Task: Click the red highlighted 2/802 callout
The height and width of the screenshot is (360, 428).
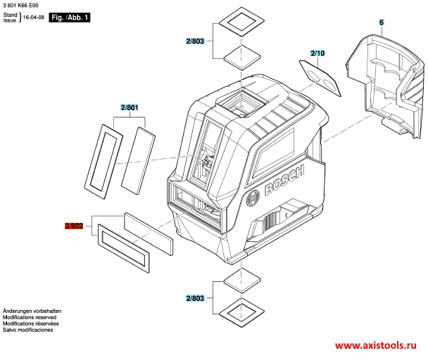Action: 74,226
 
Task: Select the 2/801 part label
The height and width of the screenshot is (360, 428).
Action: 130,108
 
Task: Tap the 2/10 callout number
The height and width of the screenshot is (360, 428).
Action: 317,53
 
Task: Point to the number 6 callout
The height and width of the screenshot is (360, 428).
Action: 382,22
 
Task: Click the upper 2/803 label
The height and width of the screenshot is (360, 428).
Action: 195,41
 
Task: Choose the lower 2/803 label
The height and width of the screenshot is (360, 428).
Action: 195,298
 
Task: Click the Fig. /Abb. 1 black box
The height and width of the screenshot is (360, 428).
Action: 70,18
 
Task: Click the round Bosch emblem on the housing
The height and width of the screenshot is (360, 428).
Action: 253,198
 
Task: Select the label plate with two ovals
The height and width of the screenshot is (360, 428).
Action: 320,78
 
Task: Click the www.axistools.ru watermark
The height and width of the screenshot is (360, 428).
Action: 376,345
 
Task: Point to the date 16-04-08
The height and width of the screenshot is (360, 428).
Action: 34,17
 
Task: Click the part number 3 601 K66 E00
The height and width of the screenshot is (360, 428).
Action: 20,5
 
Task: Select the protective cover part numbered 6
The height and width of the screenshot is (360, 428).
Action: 385,84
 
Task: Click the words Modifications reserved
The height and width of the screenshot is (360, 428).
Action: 30,317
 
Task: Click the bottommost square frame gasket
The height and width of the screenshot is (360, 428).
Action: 241,313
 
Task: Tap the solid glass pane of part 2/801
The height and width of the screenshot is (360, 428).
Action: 139,160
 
